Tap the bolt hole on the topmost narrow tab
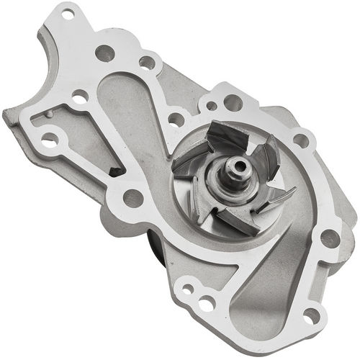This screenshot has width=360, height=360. coord(68,13)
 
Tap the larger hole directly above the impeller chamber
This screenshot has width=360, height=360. coord(233,103)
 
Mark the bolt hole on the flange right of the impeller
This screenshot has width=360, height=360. coord(301,140)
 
